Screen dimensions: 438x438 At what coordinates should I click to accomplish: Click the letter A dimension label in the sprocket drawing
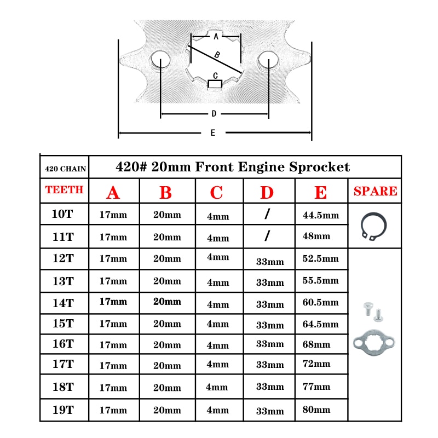(x=216, y=36)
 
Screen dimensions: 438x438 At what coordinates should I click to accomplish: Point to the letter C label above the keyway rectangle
(x=215, y=76)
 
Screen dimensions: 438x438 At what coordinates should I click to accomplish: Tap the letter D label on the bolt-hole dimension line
(x=214, y=114)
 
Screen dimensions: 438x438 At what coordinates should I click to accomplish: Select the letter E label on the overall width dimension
(x=213, y=132)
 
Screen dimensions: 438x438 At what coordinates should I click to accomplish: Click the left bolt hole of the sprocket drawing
(x=160, y=60)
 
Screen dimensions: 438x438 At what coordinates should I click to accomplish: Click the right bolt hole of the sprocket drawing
(x=268, y=60)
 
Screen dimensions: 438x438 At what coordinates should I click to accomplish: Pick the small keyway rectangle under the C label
(x=215, y=84)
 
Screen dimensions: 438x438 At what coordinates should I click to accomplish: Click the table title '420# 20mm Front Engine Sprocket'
(x=233, y=167)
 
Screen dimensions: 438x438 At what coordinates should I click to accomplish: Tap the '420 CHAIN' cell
(x=65, y=169)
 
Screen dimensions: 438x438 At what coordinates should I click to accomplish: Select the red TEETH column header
(x=64, y=189)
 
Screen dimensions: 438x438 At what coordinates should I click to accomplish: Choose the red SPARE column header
(x=375, y=191)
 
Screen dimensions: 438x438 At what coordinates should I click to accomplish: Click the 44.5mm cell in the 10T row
(x=321, y=215)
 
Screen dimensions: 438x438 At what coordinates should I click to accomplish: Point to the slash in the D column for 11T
(x=267, y=236)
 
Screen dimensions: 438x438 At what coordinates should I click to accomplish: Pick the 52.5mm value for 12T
(x=320, y=258)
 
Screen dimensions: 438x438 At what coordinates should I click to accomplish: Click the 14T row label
(x=64, y=303)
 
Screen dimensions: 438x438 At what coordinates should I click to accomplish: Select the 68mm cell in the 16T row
(x=316, y=344)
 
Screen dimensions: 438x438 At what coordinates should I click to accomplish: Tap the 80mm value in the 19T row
(x=316, y=410)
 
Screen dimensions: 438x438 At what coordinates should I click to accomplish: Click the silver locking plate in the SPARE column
(x=374, y=343)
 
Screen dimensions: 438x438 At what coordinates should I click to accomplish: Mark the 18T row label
(x=64, y=387)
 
